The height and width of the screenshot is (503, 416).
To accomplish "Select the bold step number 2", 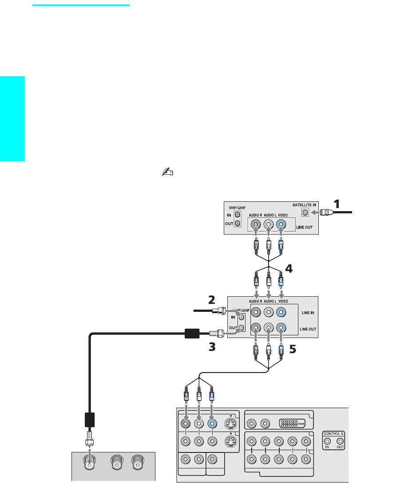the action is pos(212,299).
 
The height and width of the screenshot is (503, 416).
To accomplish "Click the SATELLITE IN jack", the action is pos(305,213).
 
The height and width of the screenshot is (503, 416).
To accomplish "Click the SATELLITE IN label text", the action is pos(304,204).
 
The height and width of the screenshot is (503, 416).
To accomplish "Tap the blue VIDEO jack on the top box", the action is pos(281,224).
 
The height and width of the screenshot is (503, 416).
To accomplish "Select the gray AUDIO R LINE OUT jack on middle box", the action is pos(256,329).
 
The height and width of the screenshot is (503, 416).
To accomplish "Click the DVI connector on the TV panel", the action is pos(293,423).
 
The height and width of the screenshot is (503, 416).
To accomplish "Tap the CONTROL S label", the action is pos(333,433).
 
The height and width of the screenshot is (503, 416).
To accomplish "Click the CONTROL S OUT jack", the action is pos(340,441).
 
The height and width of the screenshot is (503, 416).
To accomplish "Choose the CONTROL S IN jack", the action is pos(327,441).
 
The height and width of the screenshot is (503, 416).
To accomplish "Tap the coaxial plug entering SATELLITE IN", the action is pos(327,213).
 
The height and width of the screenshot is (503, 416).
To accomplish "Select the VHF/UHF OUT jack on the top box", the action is pos(238,224).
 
